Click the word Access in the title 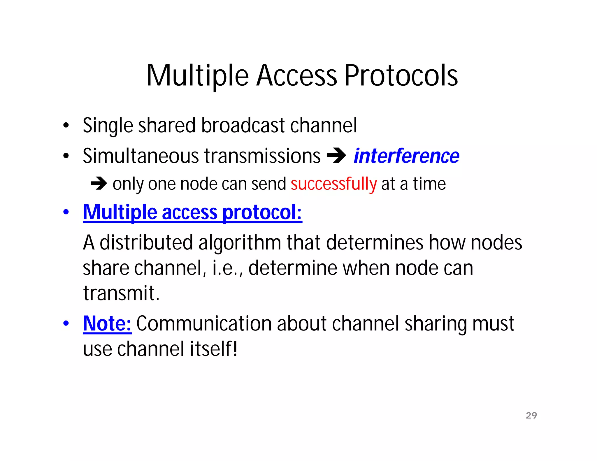(296, 76)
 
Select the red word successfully (334, 184)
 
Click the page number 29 (531, 415)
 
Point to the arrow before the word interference (336, 156)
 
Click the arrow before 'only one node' (99, 184)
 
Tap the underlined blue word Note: (107, 323)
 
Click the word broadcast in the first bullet (243, 126)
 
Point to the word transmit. (121, 293)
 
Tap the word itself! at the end (213, 349)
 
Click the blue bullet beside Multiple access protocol (66, 212)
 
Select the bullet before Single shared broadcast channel (66, 126)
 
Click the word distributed (146, 243)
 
